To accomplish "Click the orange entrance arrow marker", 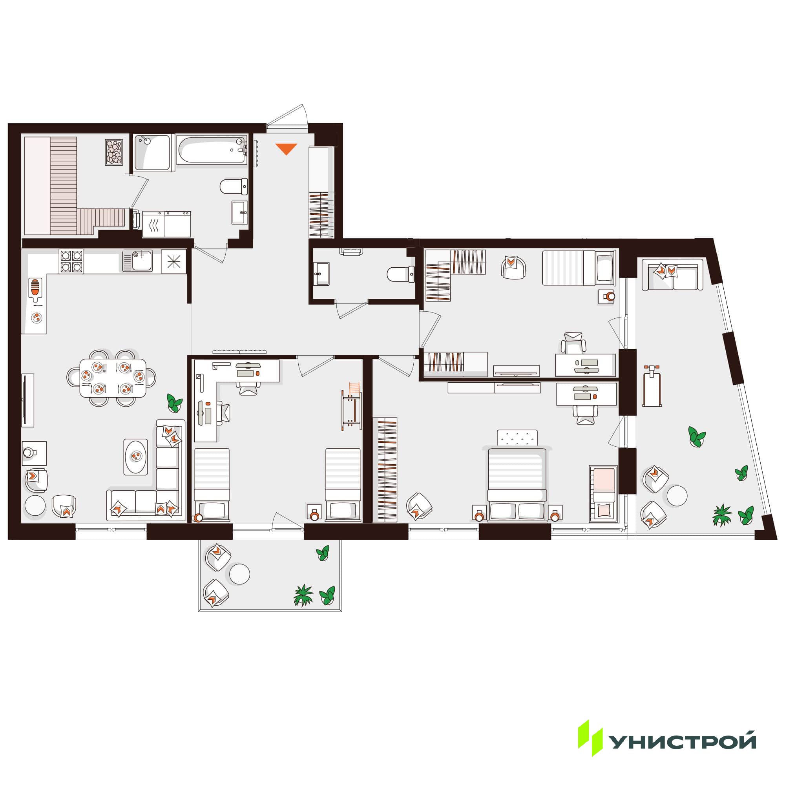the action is click(287, 149).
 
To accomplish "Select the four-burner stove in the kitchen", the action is click(71, 261).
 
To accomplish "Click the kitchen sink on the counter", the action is click(138, 261).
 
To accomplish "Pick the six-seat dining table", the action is click(113, 378).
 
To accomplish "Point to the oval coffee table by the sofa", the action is click(136, 456).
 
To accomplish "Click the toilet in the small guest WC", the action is click(401, 274).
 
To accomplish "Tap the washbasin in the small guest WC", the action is click(321, 274).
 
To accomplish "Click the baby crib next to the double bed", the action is click(603, 494).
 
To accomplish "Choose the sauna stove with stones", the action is click(114, 152).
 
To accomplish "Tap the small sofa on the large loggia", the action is click(672, 275).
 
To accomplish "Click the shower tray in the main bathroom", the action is click(152, 152).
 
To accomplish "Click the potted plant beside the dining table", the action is click(174, 403).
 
